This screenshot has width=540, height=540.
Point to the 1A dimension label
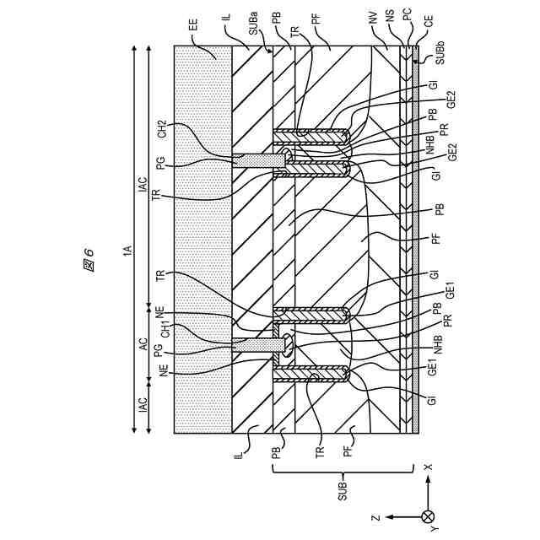(x=127, y=250)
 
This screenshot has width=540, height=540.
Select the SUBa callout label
(x=253, y=28)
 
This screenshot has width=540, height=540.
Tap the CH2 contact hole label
(x=162, y=129)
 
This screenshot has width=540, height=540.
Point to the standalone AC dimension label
(x=143, y=344)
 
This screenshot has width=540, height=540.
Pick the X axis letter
(x=428, y=467)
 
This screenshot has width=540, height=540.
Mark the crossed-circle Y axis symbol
(x=428, y=516)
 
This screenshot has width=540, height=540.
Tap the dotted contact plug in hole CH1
(x=257, y=344)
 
